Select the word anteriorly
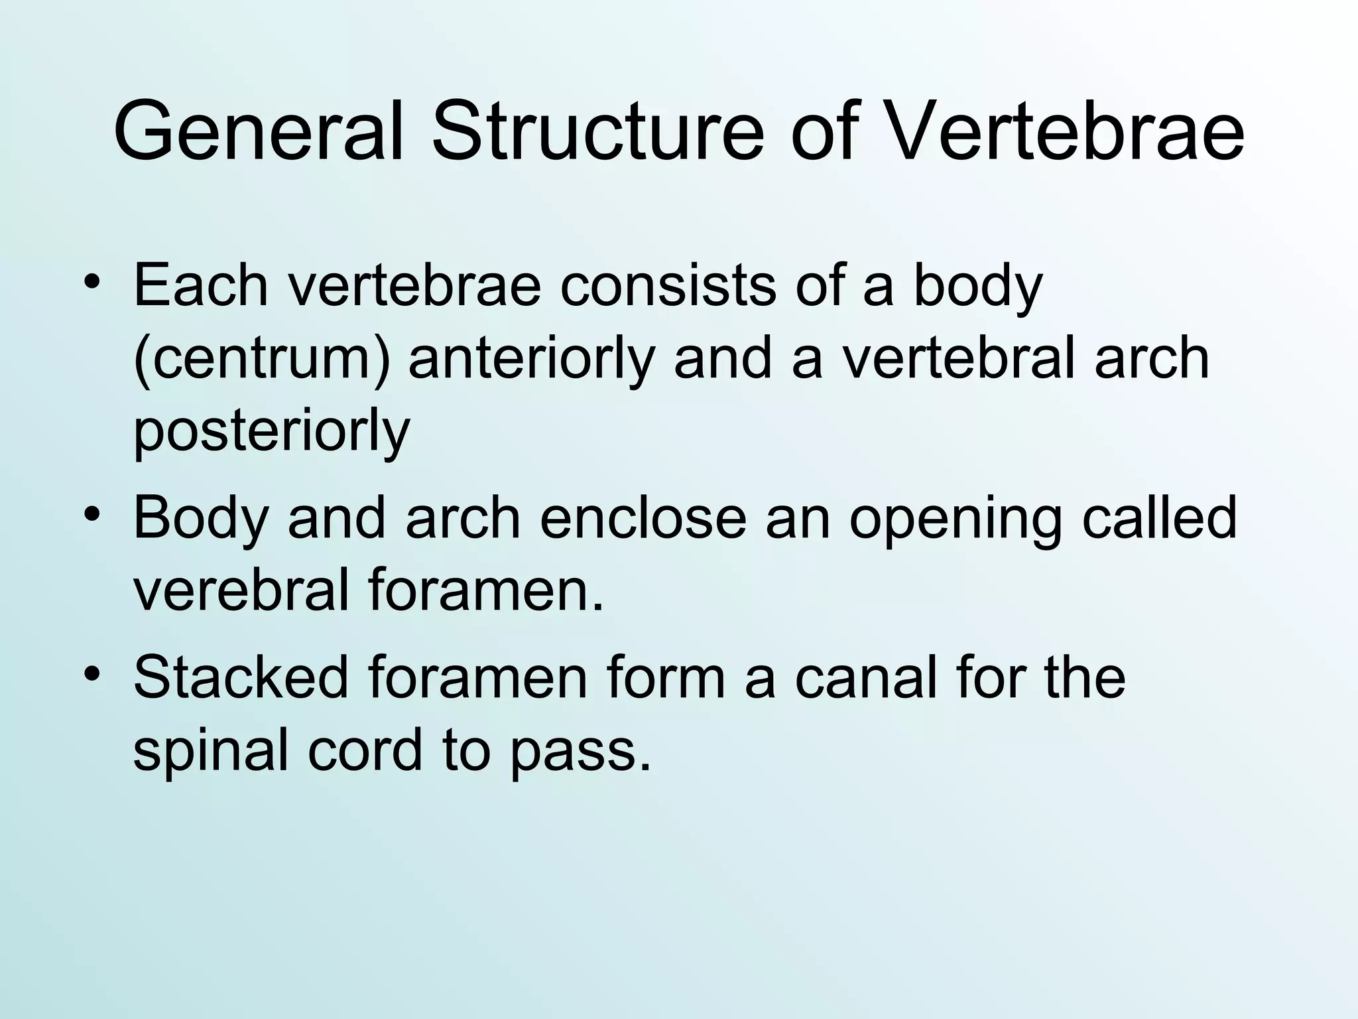[531, 360]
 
